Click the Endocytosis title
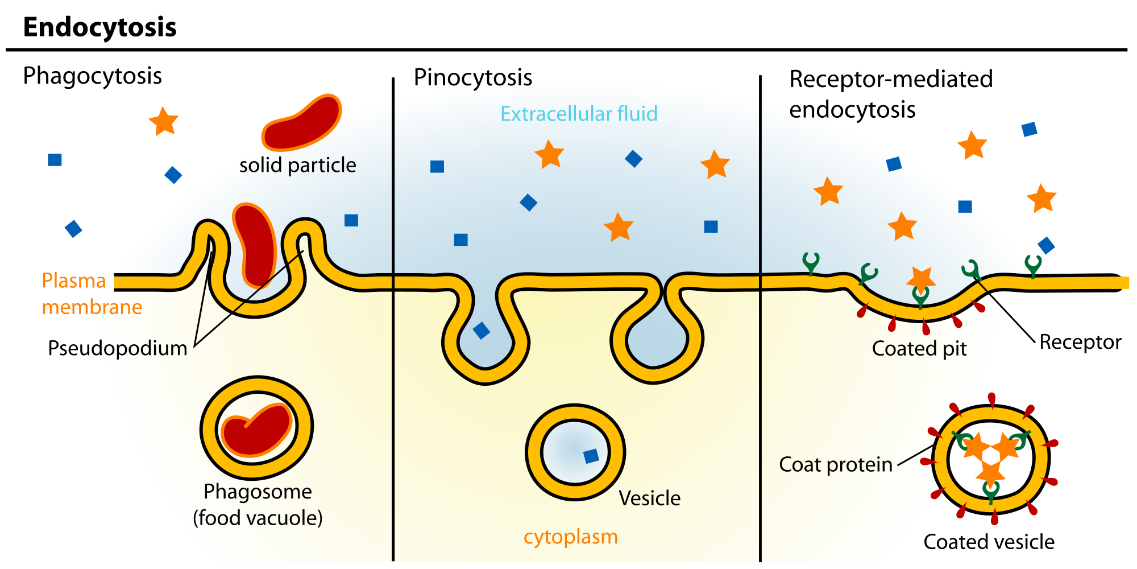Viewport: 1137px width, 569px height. click(99, 27)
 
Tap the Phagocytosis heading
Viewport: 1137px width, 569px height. click(92, 76)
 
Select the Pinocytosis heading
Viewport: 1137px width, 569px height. click(472, 78)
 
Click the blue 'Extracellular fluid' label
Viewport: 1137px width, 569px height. click(579, 114)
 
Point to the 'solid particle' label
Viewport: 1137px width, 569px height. click(297, 165)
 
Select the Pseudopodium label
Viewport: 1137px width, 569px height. click(117, 348)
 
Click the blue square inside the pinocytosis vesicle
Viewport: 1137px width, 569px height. click(591, 456)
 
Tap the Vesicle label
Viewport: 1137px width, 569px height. click(649, 498)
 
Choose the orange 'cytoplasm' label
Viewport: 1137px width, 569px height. click(570, 537)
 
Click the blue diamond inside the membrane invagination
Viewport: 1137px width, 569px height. click(482, 331)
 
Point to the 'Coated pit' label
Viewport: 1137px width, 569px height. click(919, 348)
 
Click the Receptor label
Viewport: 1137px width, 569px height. click(1080, 342)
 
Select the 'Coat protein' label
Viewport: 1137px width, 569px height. click(835, 464)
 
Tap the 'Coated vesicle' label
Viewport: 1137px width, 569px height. click(989, 542)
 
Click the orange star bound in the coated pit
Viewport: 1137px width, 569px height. click(920, 279)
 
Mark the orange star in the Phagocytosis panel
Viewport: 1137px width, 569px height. click(164, 121)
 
